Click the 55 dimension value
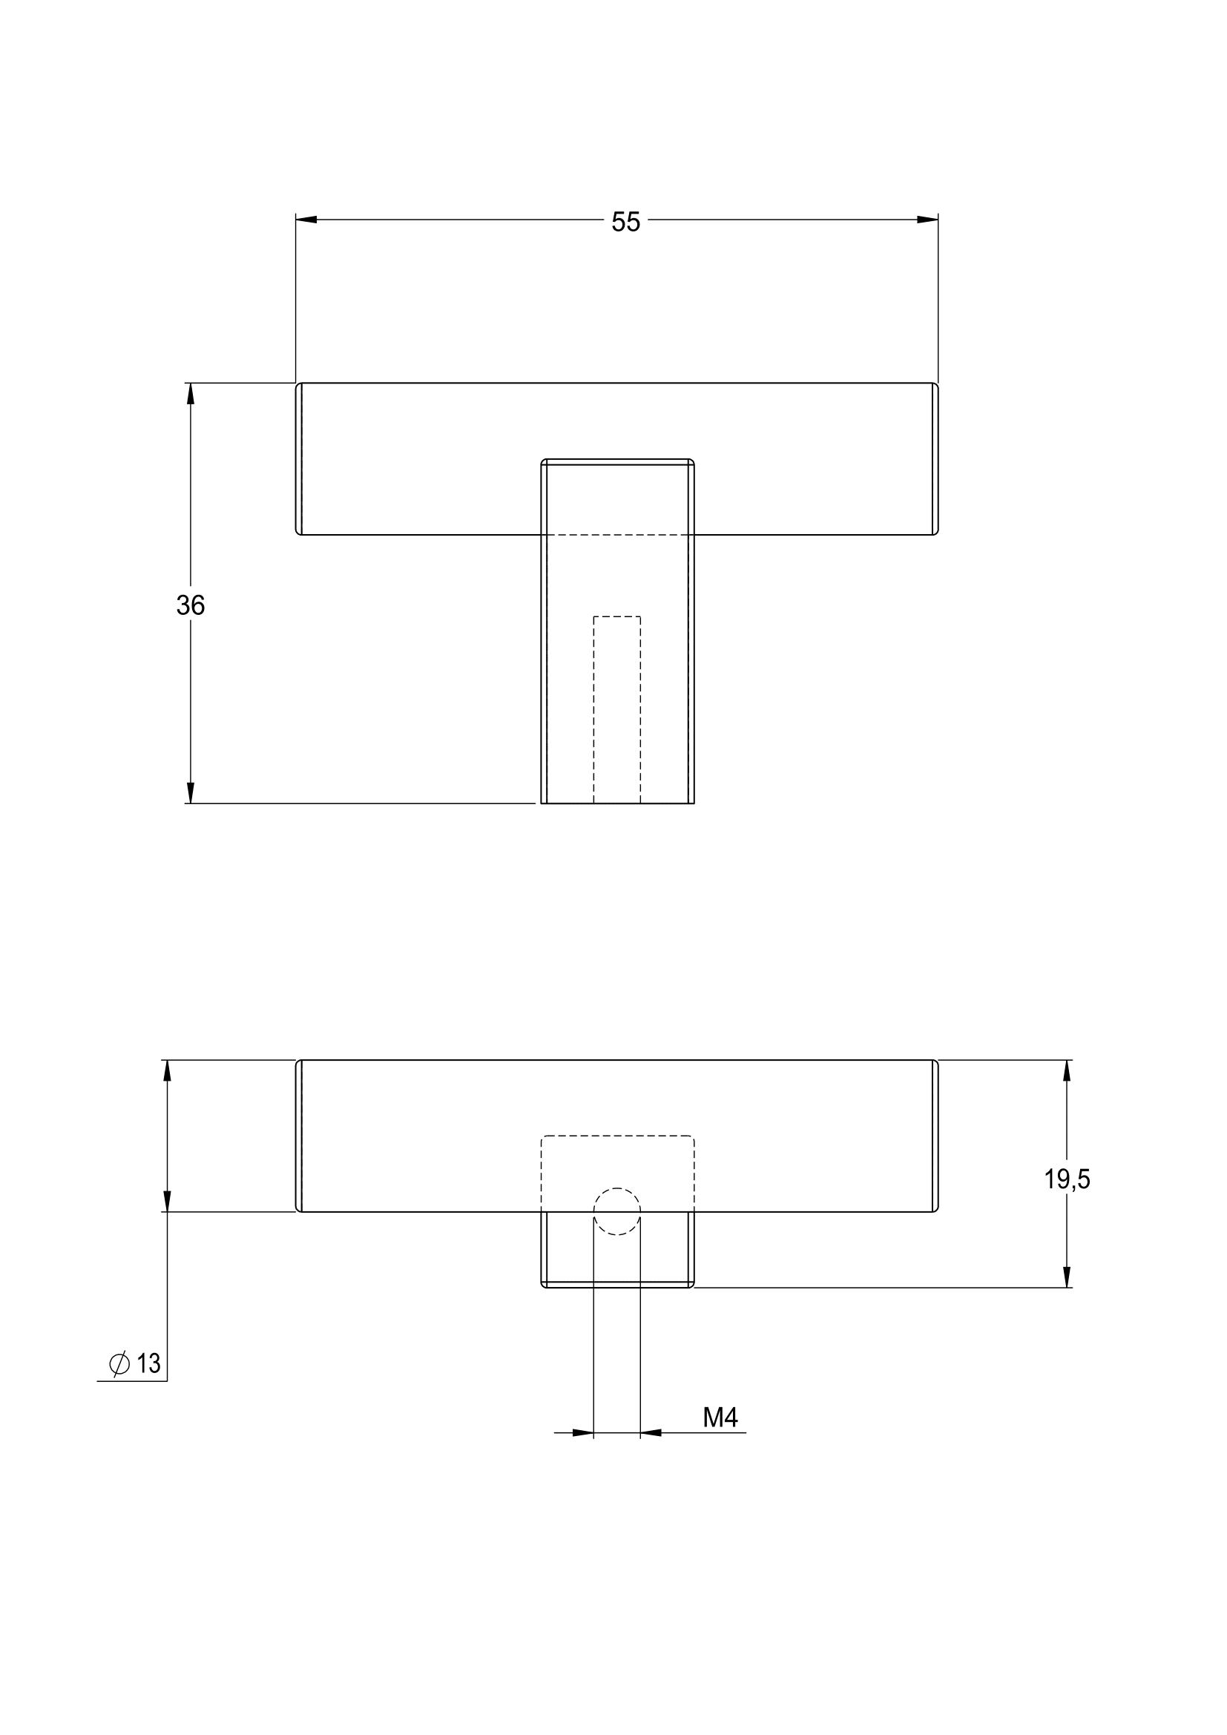coord(625,223)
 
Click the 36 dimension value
coord(191,605)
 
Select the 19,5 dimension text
coord(1066,1179)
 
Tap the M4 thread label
coord(720,1418)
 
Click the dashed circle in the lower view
coord(616,1211)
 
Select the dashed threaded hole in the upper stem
coord(616,709)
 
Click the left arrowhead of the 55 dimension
coord(306,220)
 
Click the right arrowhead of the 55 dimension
coord(927,220)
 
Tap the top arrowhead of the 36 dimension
coord(191,394)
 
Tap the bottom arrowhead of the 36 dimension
coord(191,792)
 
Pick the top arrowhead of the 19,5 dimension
coord(1066,1071)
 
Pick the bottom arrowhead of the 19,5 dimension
coord(1066,1277)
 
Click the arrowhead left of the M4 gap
coord(582,1433)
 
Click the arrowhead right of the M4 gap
coord(651,1433)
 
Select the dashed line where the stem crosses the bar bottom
coord(616,534)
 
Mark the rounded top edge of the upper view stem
coord(616,461)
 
